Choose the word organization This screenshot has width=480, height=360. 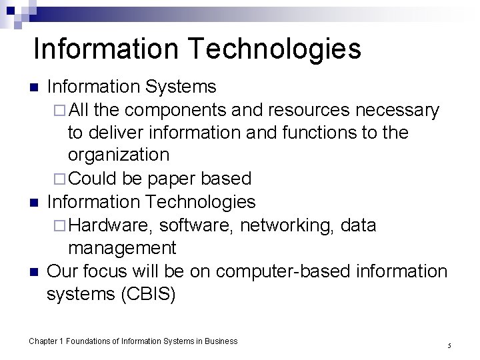click(x=119, y=155)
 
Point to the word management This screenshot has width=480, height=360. click(x=122, y=248)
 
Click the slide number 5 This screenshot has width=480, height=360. click(x=450, y=345)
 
